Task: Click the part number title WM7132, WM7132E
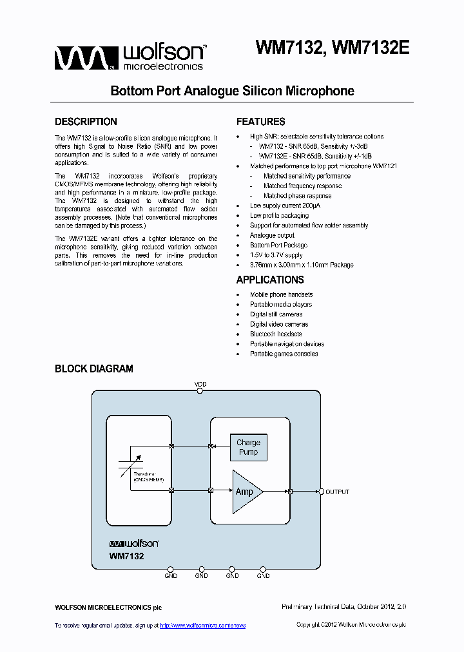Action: [333, 49]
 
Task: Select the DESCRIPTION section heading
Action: [86, 122]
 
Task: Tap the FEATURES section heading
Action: [260, 122]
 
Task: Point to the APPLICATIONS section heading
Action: [270, 280]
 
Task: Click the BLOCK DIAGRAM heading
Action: [94, 369]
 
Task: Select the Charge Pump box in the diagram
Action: [248, 447]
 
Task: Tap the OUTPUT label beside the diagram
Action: [337, 492]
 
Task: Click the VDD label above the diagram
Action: [200, 385]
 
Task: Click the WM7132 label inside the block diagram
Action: [126, 555]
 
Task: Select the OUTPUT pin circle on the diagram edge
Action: [321, 492]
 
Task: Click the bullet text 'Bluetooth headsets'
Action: [276, 334]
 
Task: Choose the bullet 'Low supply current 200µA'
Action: [285, 206]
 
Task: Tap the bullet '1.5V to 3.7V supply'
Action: [276, 255]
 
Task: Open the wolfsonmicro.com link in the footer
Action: [202, 626]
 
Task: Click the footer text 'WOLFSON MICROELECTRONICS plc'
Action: [108, 608]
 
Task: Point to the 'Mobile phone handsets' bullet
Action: [281, 294]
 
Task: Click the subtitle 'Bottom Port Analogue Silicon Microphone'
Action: [233, 91]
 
